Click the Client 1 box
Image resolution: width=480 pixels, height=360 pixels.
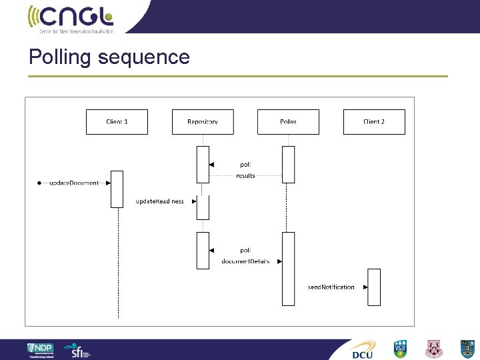[117, 122]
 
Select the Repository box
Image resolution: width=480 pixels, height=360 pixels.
[203, 122]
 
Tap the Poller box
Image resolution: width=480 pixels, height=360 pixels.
[288, 122]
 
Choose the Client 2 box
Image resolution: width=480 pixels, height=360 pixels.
[374, 122]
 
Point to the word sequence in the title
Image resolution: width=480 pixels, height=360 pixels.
[143, 58]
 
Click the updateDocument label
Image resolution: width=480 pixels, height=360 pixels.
[75, 183]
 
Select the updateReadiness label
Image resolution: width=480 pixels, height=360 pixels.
[160, 201]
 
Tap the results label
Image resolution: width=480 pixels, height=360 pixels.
[245, 176]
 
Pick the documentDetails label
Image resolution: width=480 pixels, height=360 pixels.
[246, 261]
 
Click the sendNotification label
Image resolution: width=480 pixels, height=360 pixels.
[331, 287]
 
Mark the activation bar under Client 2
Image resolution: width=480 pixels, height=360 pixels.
[374, 287]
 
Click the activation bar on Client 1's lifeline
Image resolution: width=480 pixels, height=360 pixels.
[117, 189]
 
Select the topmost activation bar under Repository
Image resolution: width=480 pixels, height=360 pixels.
[203, 164]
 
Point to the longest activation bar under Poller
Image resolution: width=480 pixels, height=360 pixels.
[288, 269]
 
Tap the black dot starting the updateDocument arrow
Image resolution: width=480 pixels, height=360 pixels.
[40, 183]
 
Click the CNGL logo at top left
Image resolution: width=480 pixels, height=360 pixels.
[71, 18]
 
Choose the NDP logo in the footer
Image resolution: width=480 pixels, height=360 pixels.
[40, 350]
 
